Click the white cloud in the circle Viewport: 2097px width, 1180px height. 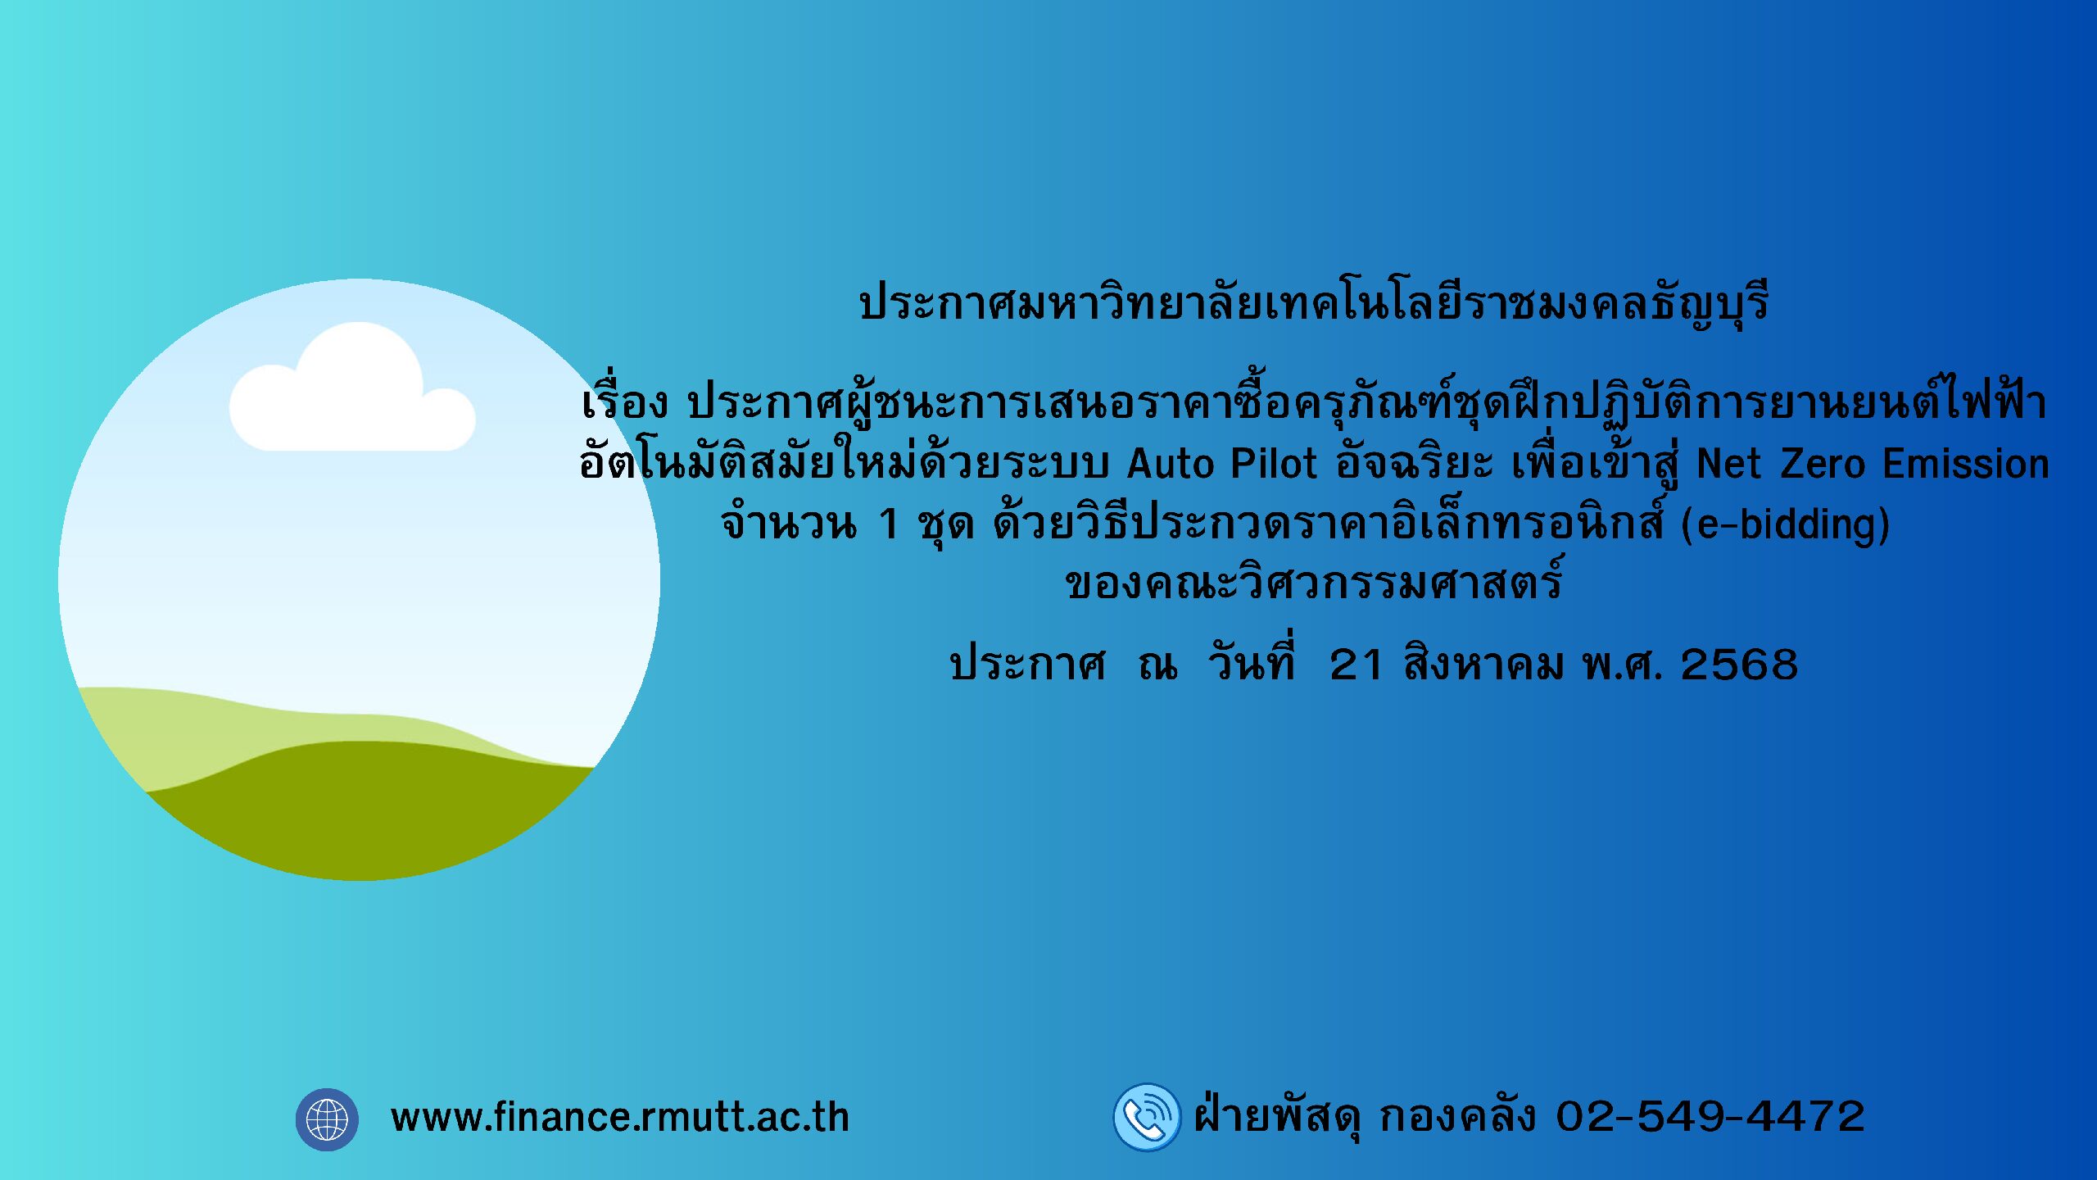[352, 393]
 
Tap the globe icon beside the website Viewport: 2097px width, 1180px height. [327, 1119]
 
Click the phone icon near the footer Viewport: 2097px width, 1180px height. [1147, 1117]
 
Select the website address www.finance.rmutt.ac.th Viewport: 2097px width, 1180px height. [620, 1118]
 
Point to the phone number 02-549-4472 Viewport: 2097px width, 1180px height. [1710, 1117]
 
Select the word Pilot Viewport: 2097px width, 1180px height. [1275, 464]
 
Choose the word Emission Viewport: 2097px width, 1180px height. [1966, 464]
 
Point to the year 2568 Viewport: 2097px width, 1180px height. [1739, 665]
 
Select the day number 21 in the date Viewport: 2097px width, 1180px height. [1356, 665]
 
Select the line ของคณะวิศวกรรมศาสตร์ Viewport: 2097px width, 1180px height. [1314, 581]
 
